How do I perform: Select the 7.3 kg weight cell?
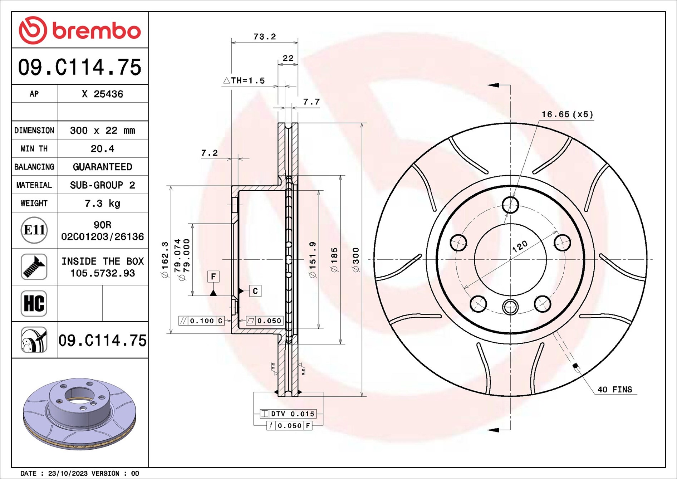coord(102,204)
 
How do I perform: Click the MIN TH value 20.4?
coord(102,148)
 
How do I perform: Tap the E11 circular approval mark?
coord(34,230)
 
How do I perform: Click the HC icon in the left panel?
coord(34,303)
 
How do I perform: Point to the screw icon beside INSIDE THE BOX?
coord(34,267)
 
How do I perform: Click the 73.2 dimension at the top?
coord(265,36)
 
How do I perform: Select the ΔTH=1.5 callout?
coord(244,80)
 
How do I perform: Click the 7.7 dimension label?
coord(311,102)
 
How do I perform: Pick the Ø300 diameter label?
coord(356,260)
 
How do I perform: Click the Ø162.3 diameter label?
coord(165,260)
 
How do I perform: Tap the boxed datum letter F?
coord(214,277)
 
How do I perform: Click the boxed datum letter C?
coord(255,291)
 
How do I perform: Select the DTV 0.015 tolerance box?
coord(288,414)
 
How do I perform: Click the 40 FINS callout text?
coord(615,390)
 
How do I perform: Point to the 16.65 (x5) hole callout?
coord(567,114)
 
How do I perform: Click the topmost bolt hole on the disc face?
coord(510,205)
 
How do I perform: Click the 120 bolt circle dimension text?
coord(520,246)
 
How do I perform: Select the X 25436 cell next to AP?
coord(102,94)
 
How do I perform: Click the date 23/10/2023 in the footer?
coord(68,473)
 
